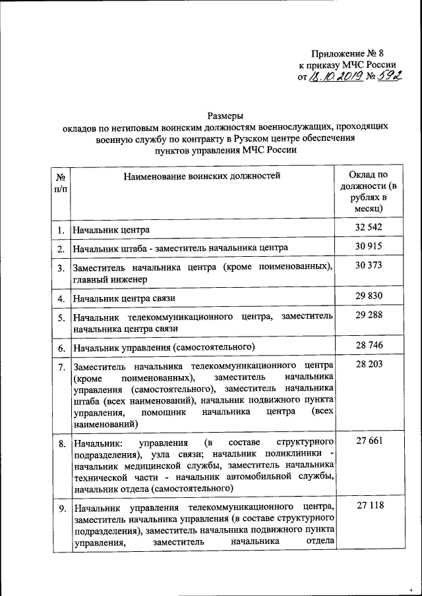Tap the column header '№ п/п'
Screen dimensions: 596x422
point(60,182)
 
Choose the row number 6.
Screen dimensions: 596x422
point(60,347)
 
